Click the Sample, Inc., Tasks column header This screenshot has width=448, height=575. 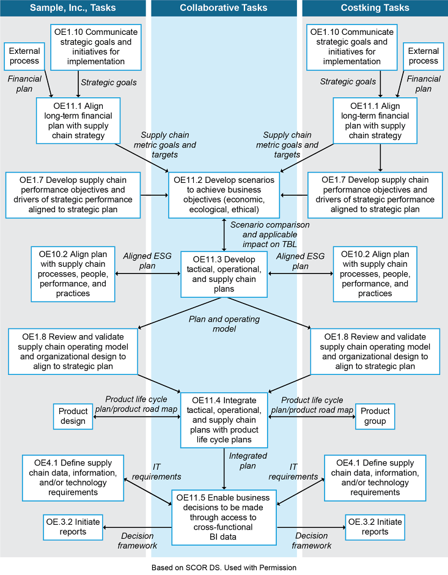72,8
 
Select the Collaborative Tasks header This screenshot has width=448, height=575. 224,8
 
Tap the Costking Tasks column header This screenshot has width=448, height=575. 375,8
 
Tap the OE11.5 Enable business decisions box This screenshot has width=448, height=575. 224,517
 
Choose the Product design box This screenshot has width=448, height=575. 73,417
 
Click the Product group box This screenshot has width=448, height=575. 374,417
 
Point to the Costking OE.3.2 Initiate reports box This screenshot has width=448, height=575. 375,527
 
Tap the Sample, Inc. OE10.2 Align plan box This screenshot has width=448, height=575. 73,273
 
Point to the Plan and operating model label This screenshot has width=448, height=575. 224,324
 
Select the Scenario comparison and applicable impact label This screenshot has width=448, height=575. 270,234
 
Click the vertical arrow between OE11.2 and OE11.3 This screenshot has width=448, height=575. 224,234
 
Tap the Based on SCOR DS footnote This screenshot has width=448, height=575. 224,568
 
